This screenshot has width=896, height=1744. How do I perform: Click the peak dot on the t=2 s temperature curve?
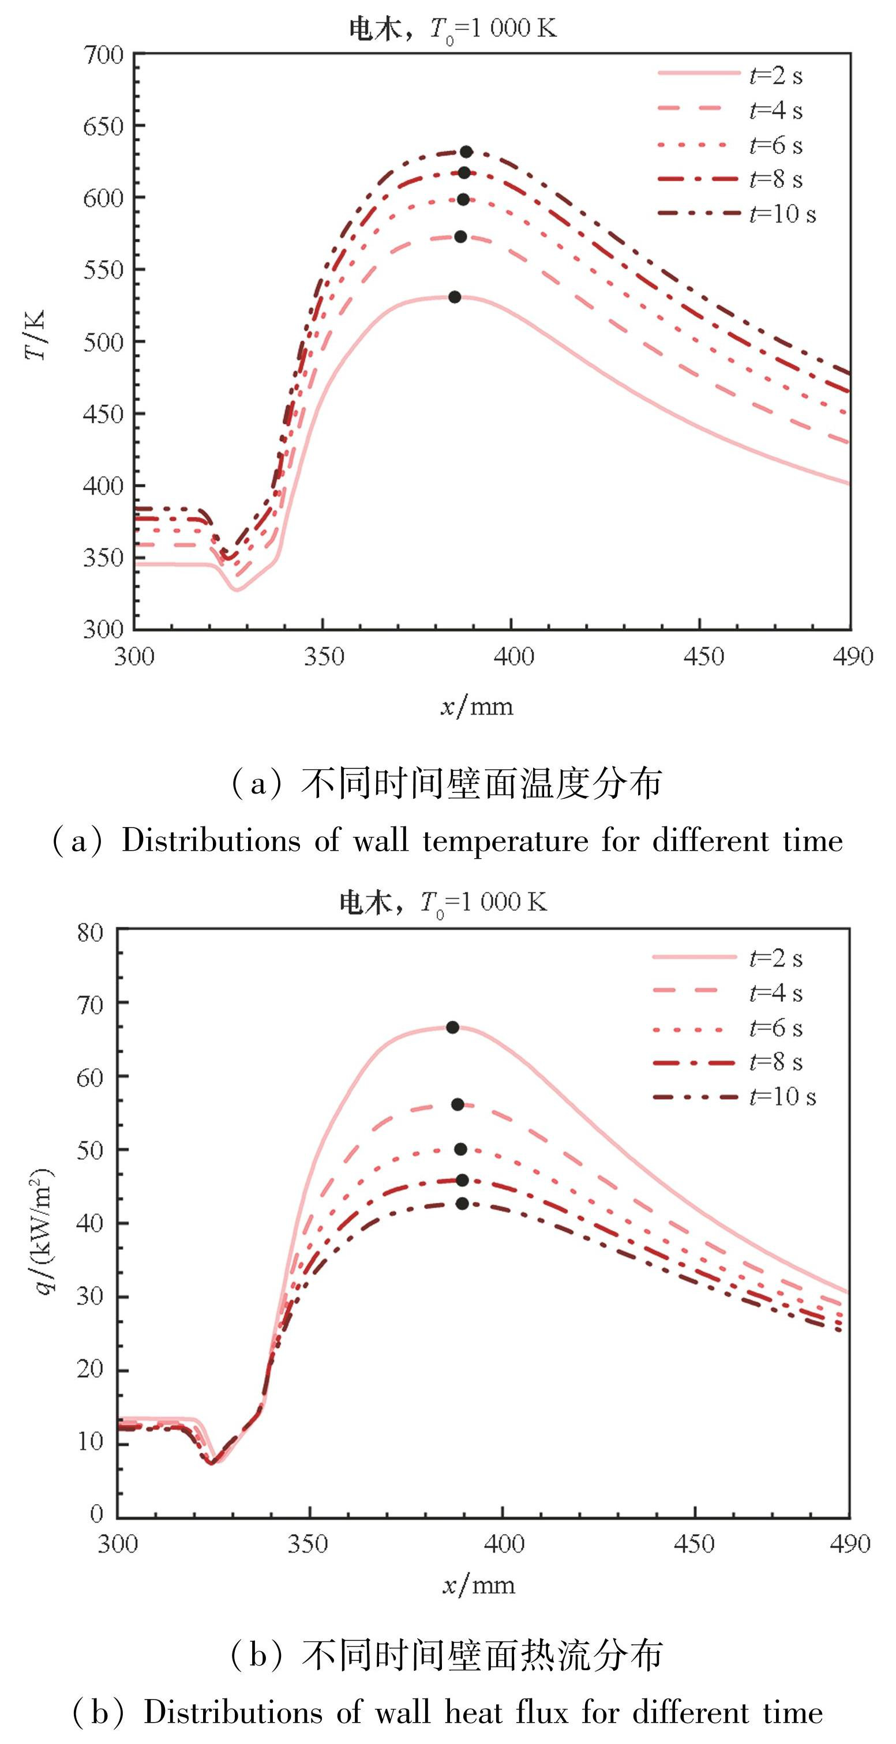(x=455, y=297)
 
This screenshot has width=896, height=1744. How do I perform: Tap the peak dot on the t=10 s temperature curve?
(x=466, y=152)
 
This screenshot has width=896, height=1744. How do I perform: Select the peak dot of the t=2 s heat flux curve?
(x=452, y=1028)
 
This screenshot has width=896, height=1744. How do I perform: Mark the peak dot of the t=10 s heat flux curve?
(x=462, y=1203)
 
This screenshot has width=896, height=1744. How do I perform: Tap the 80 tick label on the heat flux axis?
(x=90, y=933)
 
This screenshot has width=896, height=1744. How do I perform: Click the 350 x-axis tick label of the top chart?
(x=324, y=657)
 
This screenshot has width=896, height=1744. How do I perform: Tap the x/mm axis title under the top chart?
(x=477, y=707)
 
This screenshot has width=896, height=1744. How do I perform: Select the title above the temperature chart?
(x=452, y=29)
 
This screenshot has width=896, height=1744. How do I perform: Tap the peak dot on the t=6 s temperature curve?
(x=463, y=200)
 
